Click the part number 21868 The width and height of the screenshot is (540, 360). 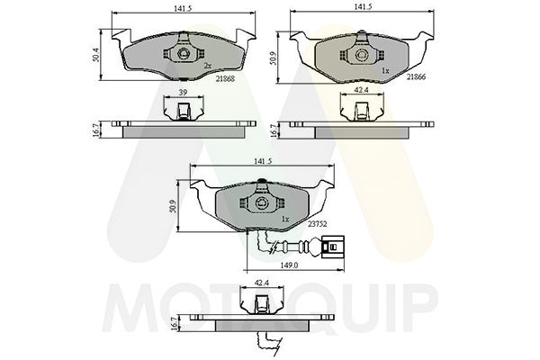(225, 78)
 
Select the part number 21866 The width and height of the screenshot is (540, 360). (416, 76)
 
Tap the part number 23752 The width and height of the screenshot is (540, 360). (317, 223)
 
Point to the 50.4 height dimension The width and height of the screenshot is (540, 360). (96, 55)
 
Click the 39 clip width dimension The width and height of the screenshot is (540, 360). (183, 92)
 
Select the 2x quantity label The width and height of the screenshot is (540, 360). (207, 65)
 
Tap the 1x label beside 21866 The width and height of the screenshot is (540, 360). (385, 70)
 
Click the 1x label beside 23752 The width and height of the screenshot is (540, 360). (285, 219)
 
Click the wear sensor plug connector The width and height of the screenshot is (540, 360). (333, 247)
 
